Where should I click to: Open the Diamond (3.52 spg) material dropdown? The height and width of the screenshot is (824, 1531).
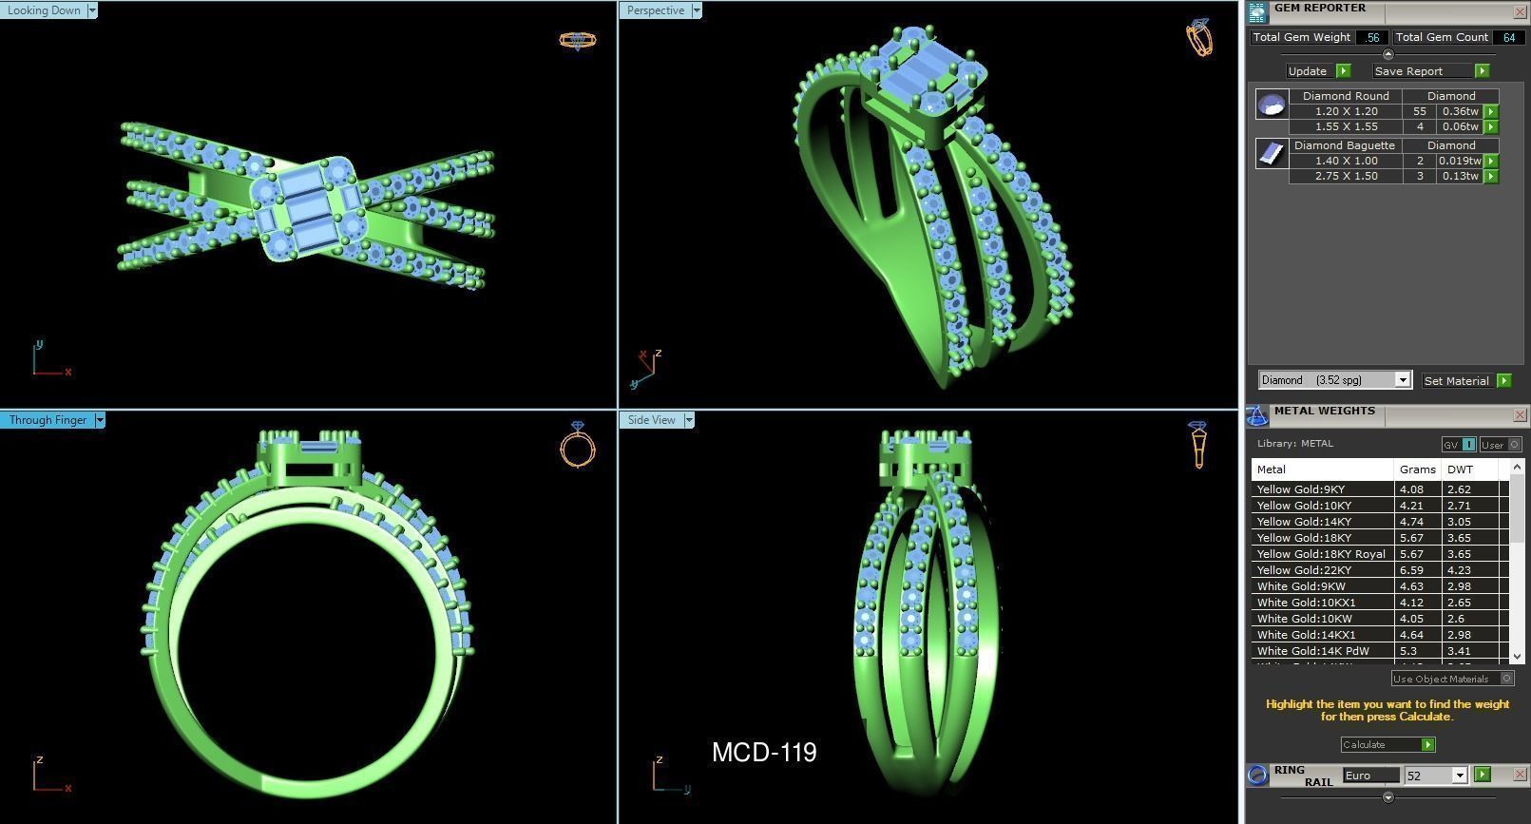[x=1402, y=380]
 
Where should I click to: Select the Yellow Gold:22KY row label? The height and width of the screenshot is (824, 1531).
[x=1304, y=570]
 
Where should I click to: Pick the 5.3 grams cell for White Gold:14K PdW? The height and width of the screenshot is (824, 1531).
[x=1408, y=651]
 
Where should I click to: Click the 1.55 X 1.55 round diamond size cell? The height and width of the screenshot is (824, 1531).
[x=1346, y=126]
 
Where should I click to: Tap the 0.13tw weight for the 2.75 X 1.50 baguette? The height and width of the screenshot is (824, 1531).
[x=1460, y=176]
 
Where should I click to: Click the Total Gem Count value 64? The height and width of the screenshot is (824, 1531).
[x=1509, y=37]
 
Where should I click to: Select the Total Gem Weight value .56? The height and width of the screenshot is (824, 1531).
[x=1371, y=37]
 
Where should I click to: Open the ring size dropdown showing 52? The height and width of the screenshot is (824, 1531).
[x=1460, y=776]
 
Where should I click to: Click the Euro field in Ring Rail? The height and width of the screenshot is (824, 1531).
[x=1369, y=776]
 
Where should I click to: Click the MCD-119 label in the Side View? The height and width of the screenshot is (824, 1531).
[x=764, y=753]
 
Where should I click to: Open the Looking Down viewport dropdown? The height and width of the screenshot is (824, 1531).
[x=92, y=10]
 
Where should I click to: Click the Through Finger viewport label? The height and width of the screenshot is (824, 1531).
[x=48, y=420]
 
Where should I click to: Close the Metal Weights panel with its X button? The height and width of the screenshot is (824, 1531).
[x=1519, y=415]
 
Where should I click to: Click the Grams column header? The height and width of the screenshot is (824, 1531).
[x=1417, y=469]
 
